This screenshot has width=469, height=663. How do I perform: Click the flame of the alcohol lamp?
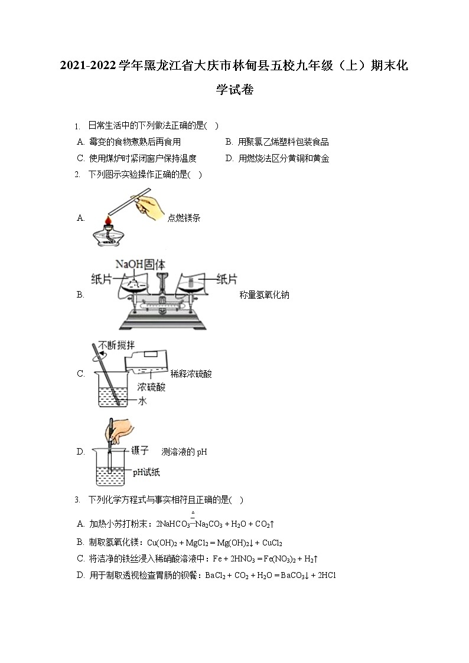[108, 221]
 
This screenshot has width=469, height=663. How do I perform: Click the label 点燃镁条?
[184, 218]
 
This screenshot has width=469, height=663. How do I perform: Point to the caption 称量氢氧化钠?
[264, 295]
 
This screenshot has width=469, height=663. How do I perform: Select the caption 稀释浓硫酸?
[191, 374]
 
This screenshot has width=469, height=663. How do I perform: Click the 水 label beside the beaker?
[142, 401]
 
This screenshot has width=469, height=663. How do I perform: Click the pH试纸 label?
[146, 472]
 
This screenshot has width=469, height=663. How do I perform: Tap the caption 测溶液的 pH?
[184, 452]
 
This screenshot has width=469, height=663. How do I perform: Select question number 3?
[77, 500]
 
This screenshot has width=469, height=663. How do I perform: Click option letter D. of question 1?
[229, 158]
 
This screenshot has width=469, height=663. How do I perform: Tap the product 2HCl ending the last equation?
[326, 575]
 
